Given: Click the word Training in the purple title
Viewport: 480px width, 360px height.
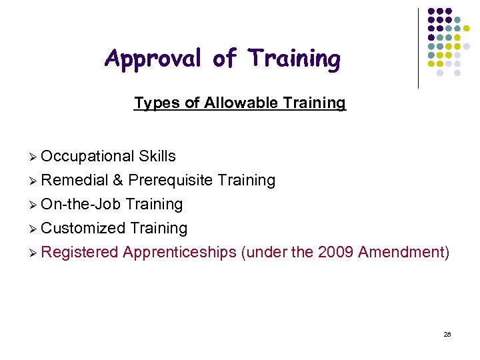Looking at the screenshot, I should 294,59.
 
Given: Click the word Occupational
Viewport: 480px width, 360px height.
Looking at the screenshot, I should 88,156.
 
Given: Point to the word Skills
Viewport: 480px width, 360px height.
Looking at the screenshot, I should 157,156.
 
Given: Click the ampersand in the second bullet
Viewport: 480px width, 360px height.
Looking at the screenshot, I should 117,180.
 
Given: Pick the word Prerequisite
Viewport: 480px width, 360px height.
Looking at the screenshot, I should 170,180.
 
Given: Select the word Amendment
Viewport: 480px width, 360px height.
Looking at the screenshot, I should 403,252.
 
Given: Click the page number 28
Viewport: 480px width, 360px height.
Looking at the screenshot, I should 447,334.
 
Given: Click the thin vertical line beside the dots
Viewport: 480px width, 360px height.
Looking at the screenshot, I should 418,48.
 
